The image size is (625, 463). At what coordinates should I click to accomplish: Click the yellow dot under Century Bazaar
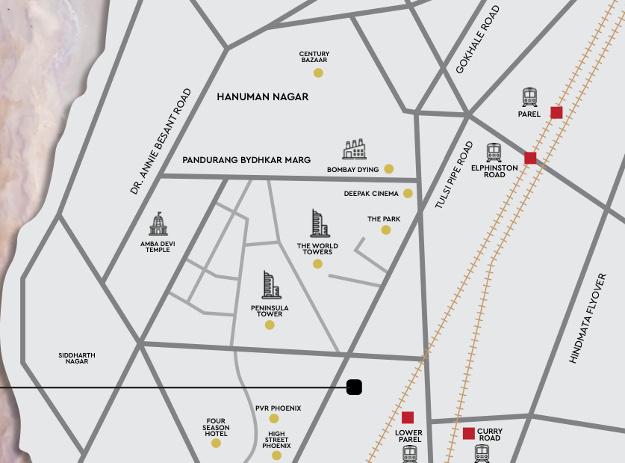(x=318, y=73)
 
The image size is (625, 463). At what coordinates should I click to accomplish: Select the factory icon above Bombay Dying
(x=355, y=150)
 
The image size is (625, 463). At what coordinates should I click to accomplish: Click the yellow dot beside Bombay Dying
(x=388, y=169)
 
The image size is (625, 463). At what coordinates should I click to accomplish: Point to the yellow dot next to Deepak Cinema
(x=408, y=193)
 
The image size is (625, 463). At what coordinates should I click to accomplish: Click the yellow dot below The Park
(x=386, y=230)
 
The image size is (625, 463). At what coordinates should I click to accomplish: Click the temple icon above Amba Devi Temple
(x=158, y=224)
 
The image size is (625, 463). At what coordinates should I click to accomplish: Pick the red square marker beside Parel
(x=556, y=112)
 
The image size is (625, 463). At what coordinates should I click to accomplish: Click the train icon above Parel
(x=529, y=97)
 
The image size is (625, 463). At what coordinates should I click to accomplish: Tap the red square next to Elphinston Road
(x=530, y=158)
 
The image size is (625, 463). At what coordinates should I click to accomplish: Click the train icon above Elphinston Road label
(x=494, y=153)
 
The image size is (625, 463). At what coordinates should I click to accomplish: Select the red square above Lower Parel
(x=408, y=417)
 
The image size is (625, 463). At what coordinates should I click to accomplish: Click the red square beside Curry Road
(x=469, y=433)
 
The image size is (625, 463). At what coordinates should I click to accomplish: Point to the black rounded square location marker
(x=355, y=387)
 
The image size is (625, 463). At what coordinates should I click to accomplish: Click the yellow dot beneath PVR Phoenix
(x=273, y=418)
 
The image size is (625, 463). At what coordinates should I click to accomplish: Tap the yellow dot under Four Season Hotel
(x=216, y=443)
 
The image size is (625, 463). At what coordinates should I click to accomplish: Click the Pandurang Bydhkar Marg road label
(x=246, y=160)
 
